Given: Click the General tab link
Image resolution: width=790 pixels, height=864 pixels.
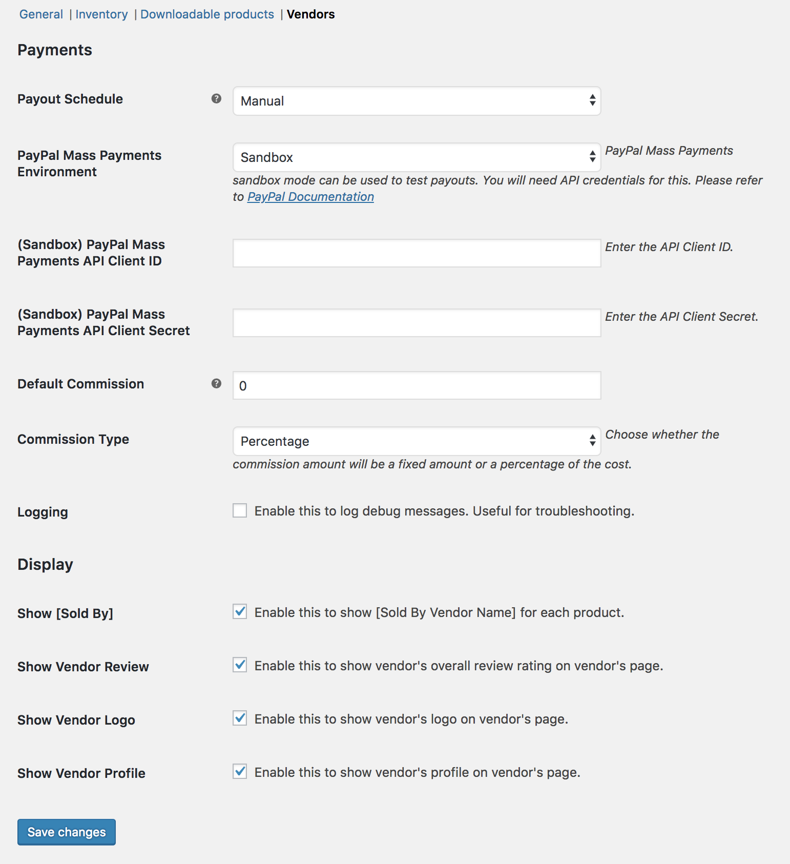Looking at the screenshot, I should [x=41, y=14].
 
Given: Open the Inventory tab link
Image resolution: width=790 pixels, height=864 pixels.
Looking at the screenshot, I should [x=101, y=14].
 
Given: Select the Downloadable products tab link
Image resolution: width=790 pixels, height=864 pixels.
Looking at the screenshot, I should [x=207, y=14].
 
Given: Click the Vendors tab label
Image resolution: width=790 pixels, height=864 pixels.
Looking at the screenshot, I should [x=310, y=14].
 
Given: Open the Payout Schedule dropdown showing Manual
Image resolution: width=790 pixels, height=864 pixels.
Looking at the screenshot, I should [x=417, y=101].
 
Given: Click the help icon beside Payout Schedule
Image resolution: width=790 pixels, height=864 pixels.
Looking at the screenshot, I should [x=216, y=98].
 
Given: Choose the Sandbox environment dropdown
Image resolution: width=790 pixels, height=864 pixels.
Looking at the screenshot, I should [x=417, y=157].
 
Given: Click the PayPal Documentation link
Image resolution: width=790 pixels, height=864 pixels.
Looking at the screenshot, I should [x=310, y=197].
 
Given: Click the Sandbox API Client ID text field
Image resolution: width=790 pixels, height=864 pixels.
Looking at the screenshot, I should [x=417, y=253].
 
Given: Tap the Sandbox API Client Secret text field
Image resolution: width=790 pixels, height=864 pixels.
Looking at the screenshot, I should [x=417, y=323].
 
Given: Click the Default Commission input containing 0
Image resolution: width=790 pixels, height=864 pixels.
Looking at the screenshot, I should [x=417, y=385].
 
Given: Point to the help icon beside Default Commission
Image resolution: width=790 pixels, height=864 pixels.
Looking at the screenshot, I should [x=216, y=383].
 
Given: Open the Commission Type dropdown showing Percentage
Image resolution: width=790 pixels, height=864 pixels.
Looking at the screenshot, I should [x=417, y=441].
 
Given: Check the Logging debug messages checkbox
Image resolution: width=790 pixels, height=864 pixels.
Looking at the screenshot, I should [x=240, y=510].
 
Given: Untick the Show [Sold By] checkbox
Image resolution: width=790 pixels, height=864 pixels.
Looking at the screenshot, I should [x=240, y=611].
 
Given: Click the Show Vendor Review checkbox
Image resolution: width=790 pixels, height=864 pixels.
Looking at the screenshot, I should [x=240, y=665].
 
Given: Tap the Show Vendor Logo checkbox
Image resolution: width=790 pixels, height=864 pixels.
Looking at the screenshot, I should [x=240, y=718].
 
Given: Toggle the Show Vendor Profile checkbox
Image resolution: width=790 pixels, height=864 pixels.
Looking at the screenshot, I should [x=240, y=771].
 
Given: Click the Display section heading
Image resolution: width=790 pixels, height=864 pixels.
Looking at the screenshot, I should [x=45, y=564].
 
